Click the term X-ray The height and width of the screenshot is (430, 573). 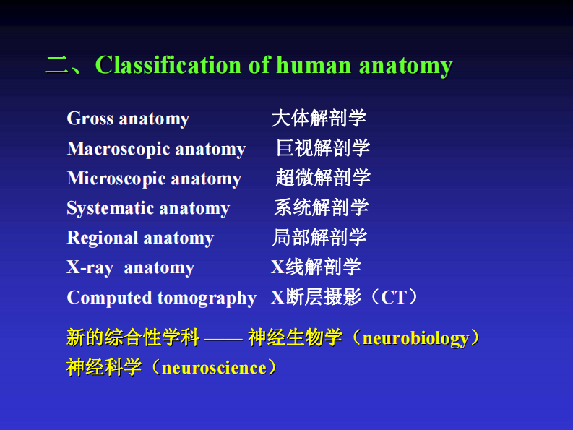(x=90, y=267)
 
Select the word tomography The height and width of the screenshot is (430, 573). (x=209, y=298)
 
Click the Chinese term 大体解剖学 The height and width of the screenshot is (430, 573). (x=319, y=118)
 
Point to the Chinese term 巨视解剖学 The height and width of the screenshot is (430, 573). (x=323, y=148)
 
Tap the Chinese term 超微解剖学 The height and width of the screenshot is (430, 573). (x=323, y=178)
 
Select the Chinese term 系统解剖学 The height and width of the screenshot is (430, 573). (x=321, y=207)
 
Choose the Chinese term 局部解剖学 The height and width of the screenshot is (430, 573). (x=319, y=237)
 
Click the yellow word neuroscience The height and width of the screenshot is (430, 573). (x=215, y=368)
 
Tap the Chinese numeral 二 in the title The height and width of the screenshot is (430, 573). (x=56, y=66)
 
